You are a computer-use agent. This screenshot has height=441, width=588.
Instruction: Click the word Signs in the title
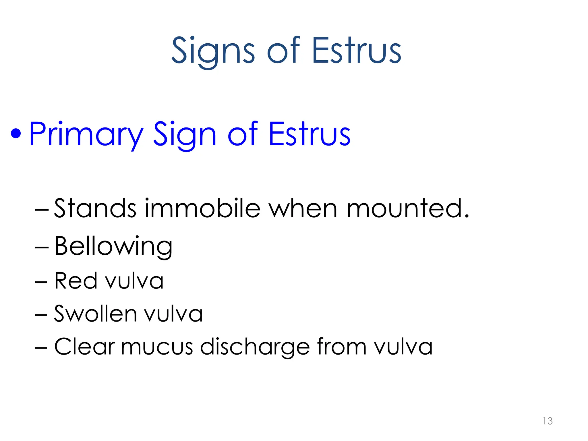(x=213, y=51)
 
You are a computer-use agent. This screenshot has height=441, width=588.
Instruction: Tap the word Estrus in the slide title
(x=356, y=51)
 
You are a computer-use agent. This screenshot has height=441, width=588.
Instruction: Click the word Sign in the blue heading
(x=185, y=134)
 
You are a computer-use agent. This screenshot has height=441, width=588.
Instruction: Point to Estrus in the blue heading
(x=309, y=134)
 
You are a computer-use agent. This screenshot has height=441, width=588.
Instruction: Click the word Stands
(x=95, y=208)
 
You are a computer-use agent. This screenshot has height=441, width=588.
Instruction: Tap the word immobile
(x=202, y=208)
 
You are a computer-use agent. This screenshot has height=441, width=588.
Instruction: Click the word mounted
(x=407, y=208)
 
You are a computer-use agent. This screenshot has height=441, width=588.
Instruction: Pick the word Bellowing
(x=113, y=246)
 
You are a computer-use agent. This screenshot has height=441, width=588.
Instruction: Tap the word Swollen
(x=95, y=314)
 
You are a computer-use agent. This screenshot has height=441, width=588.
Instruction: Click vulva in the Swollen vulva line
(x=173, y=314)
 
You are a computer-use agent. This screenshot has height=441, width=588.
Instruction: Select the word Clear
(x=85, y=347)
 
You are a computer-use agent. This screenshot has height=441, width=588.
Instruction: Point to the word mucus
(x=157, y=347)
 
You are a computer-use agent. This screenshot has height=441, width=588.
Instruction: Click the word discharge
(x=255, y=347)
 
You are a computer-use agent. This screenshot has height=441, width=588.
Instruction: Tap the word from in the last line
(x=342, y=347)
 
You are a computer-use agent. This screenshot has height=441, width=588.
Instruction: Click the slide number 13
(x=548, y=421)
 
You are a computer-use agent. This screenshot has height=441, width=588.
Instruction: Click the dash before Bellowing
(x=42, y=247)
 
